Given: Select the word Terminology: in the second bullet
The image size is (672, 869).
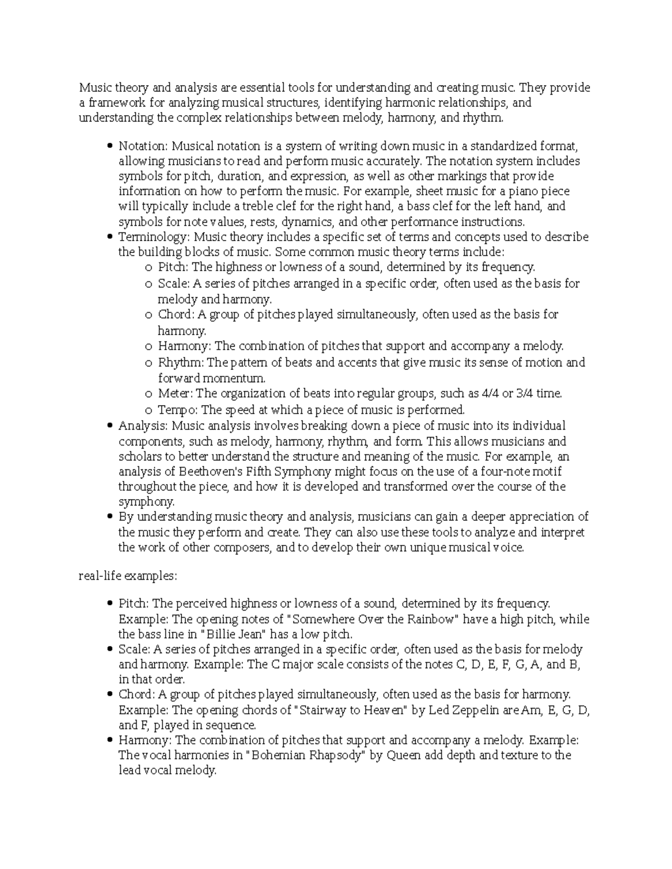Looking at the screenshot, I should [x=153, y=237].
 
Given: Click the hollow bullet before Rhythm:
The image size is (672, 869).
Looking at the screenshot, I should [x=148, y=363].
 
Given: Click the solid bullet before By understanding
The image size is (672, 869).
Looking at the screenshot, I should [x=109, y=517].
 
